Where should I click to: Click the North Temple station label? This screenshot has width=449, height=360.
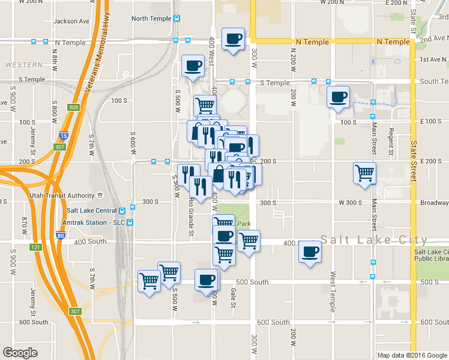coord(151,19)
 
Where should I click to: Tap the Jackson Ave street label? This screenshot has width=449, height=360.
coord(71,21)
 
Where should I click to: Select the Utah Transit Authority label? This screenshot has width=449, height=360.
coord(62,196)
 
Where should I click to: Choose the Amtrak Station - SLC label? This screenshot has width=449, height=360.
coord(94,222)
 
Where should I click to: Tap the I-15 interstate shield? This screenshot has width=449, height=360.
coord(64,136)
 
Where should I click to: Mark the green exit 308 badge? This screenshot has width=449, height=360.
coord(73,107)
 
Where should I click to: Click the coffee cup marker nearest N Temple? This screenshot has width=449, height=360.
coord(233,39)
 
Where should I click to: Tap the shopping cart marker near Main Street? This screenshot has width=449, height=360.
coord(365,173)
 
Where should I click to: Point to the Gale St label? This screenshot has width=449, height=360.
coord(233,298)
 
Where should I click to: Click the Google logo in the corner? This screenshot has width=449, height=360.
coord(20,353)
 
